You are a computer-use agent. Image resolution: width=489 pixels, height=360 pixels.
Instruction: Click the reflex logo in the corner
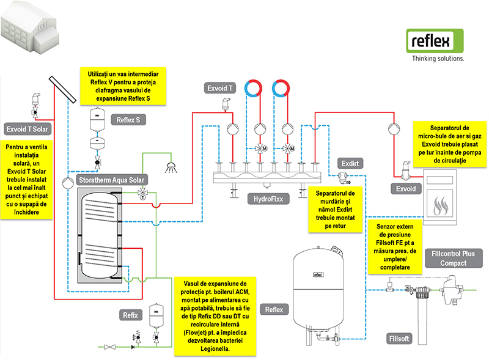pyautogui.click(x=435, y=41)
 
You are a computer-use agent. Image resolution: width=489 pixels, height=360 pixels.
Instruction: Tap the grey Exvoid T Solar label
pyautogui.click(x=28, y=129)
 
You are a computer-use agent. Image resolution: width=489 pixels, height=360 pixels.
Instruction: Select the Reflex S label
pyautogui.click(x=128, y=120)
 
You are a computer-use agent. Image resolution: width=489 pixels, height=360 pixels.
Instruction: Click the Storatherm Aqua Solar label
pyautogui.click(x=112, y=180)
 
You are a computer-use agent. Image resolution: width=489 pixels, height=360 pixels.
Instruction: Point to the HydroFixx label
pyautogui.click(x=268, y=199)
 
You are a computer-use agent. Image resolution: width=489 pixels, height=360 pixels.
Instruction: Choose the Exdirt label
pyautogui.click(x=350, y=163)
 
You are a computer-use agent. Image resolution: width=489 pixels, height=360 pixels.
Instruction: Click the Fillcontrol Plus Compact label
pyautogui.click(x=454, y=259)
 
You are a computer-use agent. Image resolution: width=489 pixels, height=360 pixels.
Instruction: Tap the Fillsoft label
pyautogui.click(x=399, y=339)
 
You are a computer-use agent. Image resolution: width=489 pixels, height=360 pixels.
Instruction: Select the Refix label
pyautogui.click(x=130, y=315)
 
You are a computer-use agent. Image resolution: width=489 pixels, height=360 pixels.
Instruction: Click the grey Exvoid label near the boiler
pyautogui.click(x=406, y=189)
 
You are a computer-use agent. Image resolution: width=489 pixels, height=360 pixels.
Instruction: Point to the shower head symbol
pyautogui.click(x=171, y=167)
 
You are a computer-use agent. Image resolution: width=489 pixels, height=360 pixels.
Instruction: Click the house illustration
pyautogui.click(x=30, y=28)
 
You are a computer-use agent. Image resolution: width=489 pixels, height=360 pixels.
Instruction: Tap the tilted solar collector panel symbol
pyautogui.click(x=62, y=89)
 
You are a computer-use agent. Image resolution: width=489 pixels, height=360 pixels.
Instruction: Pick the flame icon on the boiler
pyautogui.click(x=440, y=206)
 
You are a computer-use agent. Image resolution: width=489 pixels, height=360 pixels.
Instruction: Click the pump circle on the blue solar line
pyautogui.click(x=68, y=183)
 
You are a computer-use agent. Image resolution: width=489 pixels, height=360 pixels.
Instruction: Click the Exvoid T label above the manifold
pyautogui.click(x=220, y=88)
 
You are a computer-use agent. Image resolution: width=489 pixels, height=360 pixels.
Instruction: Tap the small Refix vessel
pyautogui.click(x=156, y=316)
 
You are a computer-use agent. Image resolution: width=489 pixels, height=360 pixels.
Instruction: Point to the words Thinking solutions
pyautogui.click(x=438, y=58)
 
